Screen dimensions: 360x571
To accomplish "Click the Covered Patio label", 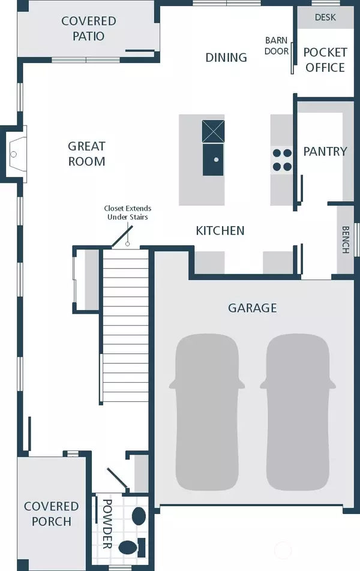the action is pos(89,28).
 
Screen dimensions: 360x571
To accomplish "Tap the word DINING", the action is pos(226,58).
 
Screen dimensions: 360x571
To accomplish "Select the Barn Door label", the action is pos(277,46).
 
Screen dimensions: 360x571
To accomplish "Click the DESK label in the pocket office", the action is pos(325,17).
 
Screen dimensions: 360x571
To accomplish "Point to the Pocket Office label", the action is pos(325,60).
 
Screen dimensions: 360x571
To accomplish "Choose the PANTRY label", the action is pos(325,152).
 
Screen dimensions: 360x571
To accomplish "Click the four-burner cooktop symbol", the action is pos(282,160).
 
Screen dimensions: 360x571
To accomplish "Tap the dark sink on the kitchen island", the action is pos(213,160).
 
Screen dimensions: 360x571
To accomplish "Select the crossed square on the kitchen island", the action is pos(213,131).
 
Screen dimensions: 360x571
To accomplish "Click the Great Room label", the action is pos(87,154).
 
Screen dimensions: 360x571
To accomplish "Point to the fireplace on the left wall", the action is pos(16,154).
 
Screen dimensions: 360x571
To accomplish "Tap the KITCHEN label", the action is pos(220,230).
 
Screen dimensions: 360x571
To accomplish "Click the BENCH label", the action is pos(346,240).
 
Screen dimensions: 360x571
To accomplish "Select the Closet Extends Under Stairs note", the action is pos(128,213).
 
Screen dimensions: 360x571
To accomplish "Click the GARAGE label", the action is pos(252,308).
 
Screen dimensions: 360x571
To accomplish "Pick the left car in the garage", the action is pos(206,412).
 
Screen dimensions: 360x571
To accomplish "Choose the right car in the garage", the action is pos(298,412).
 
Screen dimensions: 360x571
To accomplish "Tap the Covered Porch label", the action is pos(51,514).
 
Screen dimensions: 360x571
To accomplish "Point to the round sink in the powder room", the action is pos(139,516).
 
